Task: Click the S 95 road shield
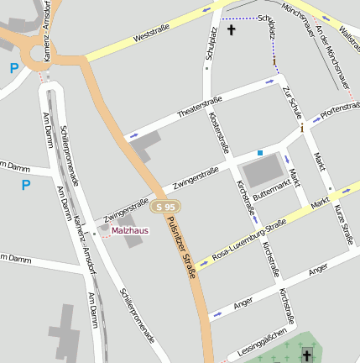(166, 207)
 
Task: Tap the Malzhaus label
(130, 230)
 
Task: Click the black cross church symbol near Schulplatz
(232, 29)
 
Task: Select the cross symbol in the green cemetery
(307, 357)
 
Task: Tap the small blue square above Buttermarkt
(260, 152)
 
